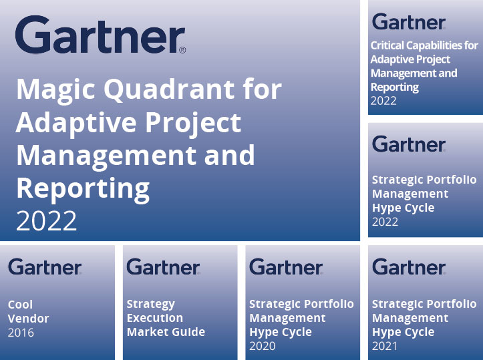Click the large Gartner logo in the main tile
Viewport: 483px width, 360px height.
point(100,37)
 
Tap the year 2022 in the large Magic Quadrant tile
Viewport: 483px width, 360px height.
point(46,220)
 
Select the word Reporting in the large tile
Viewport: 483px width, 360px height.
point(82,189)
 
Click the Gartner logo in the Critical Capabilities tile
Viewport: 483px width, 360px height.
point(408,22)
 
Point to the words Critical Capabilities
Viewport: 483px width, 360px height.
point(424,45)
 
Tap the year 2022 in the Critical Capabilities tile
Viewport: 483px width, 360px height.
point(383,101)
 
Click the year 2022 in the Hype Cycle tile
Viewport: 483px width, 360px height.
point(385,222)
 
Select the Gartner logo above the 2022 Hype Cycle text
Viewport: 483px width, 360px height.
point(408,144)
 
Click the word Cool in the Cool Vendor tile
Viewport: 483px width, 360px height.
point(20,305)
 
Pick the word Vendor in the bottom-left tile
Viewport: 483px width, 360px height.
point(28,319)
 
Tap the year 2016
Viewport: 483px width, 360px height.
point(21,333)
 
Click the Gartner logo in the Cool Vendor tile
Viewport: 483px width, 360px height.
point(45,267)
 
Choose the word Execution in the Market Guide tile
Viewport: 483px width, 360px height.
point(154,318)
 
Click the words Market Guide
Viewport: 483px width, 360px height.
point(166,332)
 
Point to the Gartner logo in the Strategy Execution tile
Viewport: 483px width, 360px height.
point(163,267)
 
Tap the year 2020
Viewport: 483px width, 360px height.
point(262,346)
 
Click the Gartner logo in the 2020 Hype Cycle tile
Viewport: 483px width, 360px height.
point(286,267)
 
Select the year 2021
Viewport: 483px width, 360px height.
point(385,346)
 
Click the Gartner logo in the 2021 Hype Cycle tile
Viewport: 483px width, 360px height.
point(408,267)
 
